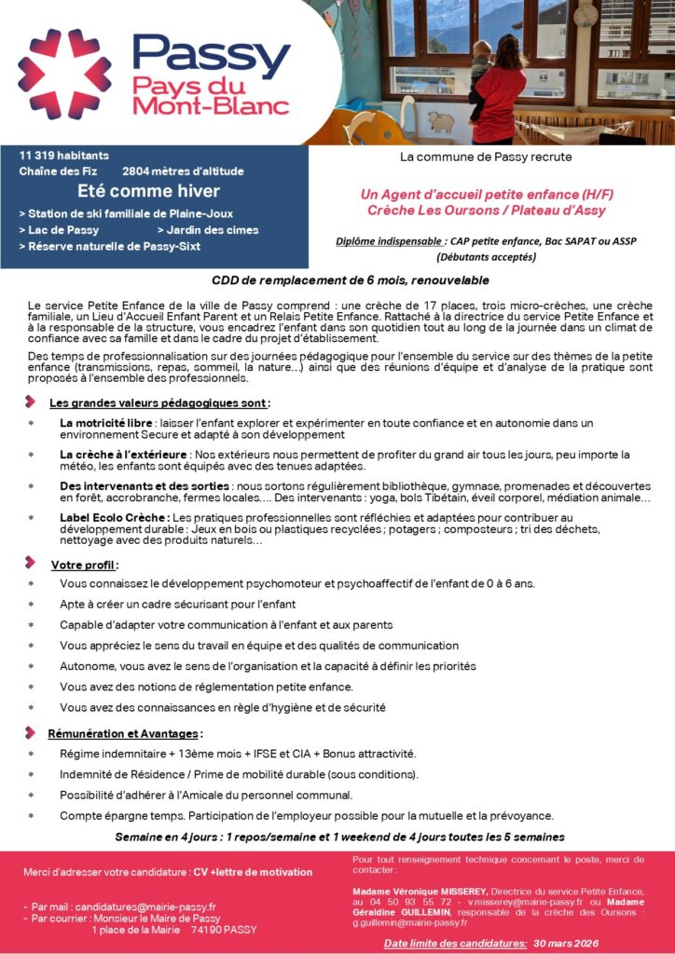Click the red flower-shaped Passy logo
click(64, 74)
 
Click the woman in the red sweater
click(501, 89)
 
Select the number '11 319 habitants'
click(64, 155)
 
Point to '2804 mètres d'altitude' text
click(183, 171)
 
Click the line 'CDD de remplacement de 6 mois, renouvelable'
click(337, 280)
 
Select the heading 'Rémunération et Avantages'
click(124, 733)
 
